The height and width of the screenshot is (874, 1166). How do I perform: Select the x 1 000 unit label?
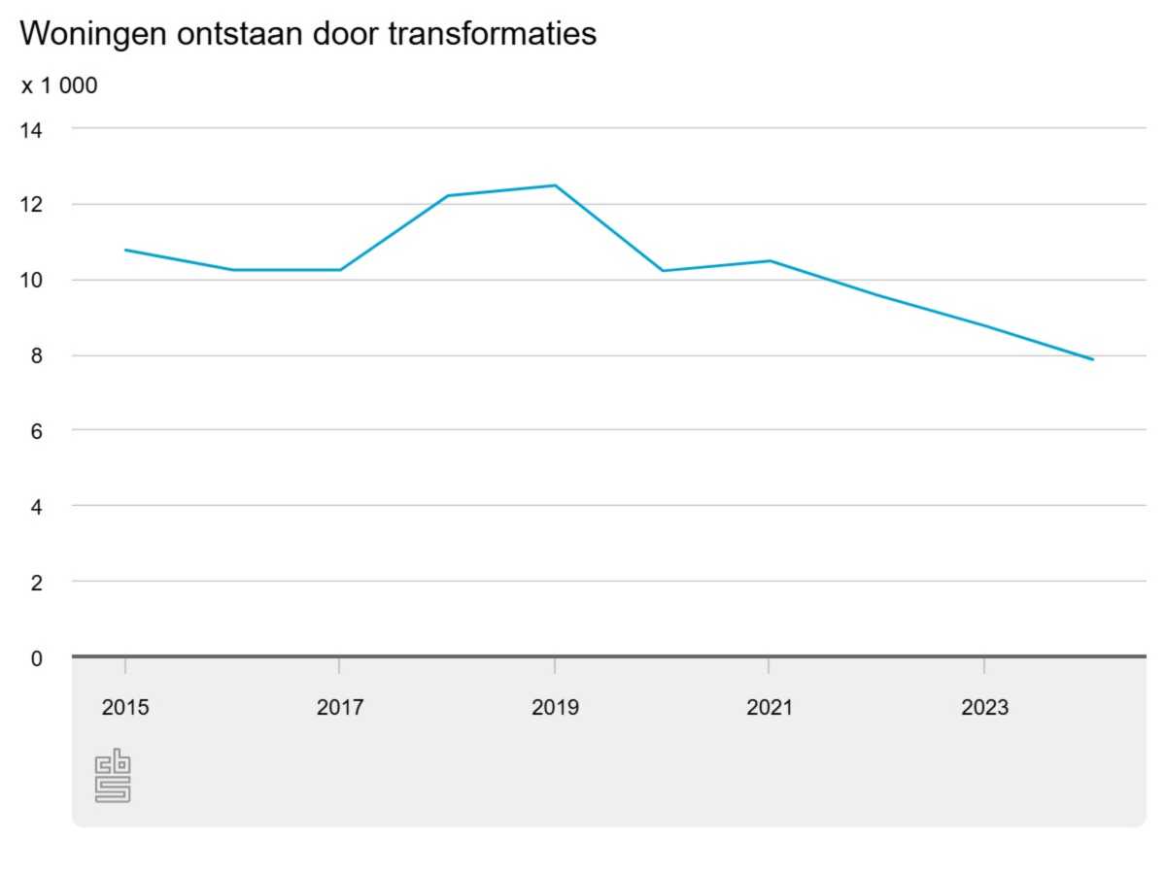point(59,85)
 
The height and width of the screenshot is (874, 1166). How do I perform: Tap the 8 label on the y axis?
point(36,356)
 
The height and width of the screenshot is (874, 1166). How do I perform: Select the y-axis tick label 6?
point(36,431)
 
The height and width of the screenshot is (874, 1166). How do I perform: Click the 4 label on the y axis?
point(36,507)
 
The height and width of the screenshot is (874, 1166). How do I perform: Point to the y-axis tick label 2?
point(36,583)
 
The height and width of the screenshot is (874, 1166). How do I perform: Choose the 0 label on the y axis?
point(36,658)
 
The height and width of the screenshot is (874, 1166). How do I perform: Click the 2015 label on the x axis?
point(125,708)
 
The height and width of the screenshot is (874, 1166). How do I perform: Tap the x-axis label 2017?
point(340,708)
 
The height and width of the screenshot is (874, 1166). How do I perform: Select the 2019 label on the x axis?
point(555,708)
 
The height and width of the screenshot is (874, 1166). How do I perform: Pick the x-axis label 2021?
point(770,708)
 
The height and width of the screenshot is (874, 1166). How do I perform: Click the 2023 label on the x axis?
point(984,708)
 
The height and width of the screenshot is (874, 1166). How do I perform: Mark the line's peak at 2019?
point(555,185)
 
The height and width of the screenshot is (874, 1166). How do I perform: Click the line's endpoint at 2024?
point(1092,359)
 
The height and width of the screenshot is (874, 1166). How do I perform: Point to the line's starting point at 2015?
point(125,250)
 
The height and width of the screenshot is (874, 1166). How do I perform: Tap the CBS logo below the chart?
point(113,775)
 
